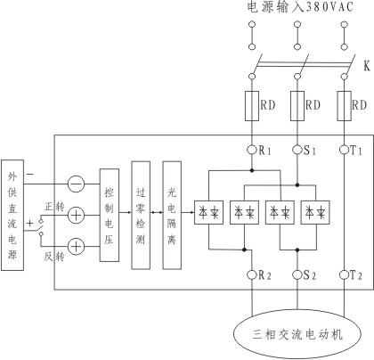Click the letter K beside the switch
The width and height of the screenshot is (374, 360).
coord(367,66)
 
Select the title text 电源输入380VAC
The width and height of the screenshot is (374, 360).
coord(300,7)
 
